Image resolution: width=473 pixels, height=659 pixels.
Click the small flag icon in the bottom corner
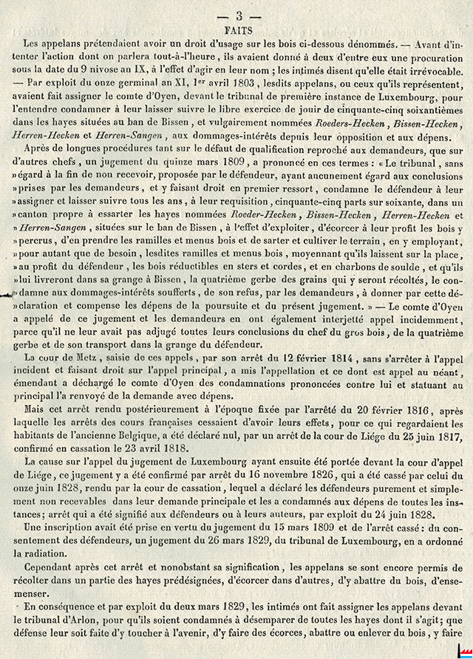(463, 650)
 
